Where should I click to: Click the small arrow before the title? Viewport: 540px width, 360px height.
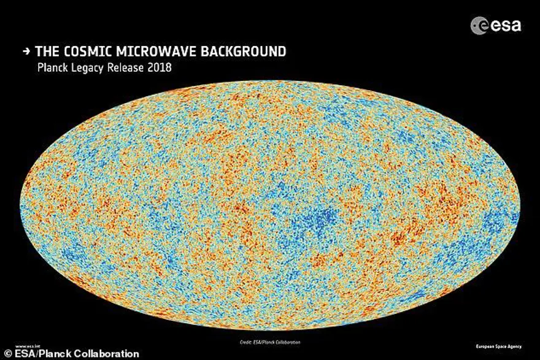[x=26, y=52]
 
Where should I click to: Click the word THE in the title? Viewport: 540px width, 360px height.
[x=48, y=52]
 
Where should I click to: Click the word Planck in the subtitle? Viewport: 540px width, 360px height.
[x=54, y=67]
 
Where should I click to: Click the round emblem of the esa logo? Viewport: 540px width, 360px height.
[x=479, y=25]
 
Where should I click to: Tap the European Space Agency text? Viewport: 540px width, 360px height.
[x=498, y=347]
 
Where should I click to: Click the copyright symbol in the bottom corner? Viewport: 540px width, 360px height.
[x=6, y=354]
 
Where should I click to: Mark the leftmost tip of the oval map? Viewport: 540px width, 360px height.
[x=22, y=206]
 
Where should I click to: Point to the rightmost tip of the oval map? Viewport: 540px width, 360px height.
[x=519, y=206]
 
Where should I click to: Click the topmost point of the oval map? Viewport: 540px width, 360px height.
[x=270, y=82]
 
